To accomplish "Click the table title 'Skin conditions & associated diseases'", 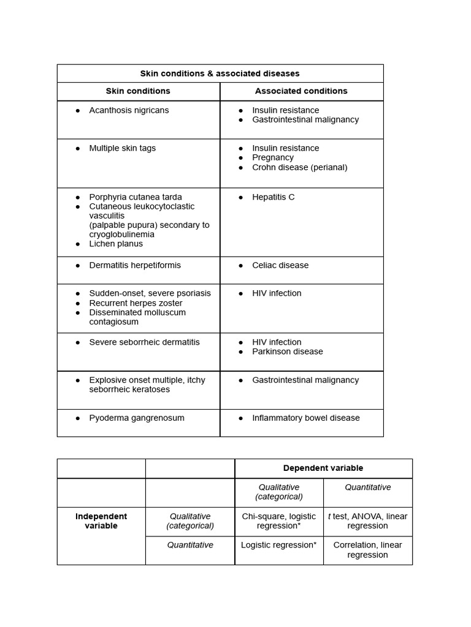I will (x=220, y=73).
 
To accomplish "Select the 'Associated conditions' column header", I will (x=301, y=91).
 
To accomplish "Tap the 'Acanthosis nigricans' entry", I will (x=129, y=110).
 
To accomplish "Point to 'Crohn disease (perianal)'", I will (x=299, y=167).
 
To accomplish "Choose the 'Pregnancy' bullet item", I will (x=273, y=157).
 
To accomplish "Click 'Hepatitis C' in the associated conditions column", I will (x=273, y=197).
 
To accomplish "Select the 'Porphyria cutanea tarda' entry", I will (x=136, y=197).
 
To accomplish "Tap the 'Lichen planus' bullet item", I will (x=116, y=244).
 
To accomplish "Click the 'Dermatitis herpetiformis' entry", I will (x=135, y=265).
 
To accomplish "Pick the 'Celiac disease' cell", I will (x=280, y=265).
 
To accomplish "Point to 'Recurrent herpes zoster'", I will (x=136, y=303).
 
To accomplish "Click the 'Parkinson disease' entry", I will (x=287, y=351).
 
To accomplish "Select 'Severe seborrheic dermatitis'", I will (x=144, y=342).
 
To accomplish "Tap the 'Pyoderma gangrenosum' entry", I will (x=137, y=418).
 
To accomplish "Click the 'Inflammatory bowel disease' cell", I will (x=306, y=418).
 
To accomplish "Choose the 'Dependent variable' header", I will (x=323, y=468).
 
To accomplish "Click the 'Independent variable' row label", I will (x=101, y=521).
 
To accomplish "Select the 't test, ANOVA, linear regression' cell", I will (x=367, y=521).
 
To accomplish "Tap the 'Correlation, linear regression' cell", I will (x=367, y=550).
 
